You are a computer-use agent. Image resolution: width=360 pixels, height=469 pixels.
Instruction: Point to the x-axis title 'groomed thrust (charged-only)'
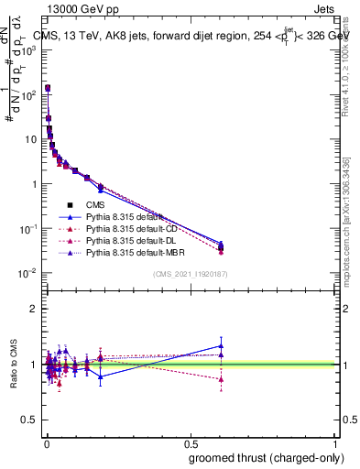[x=260, y=457]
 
